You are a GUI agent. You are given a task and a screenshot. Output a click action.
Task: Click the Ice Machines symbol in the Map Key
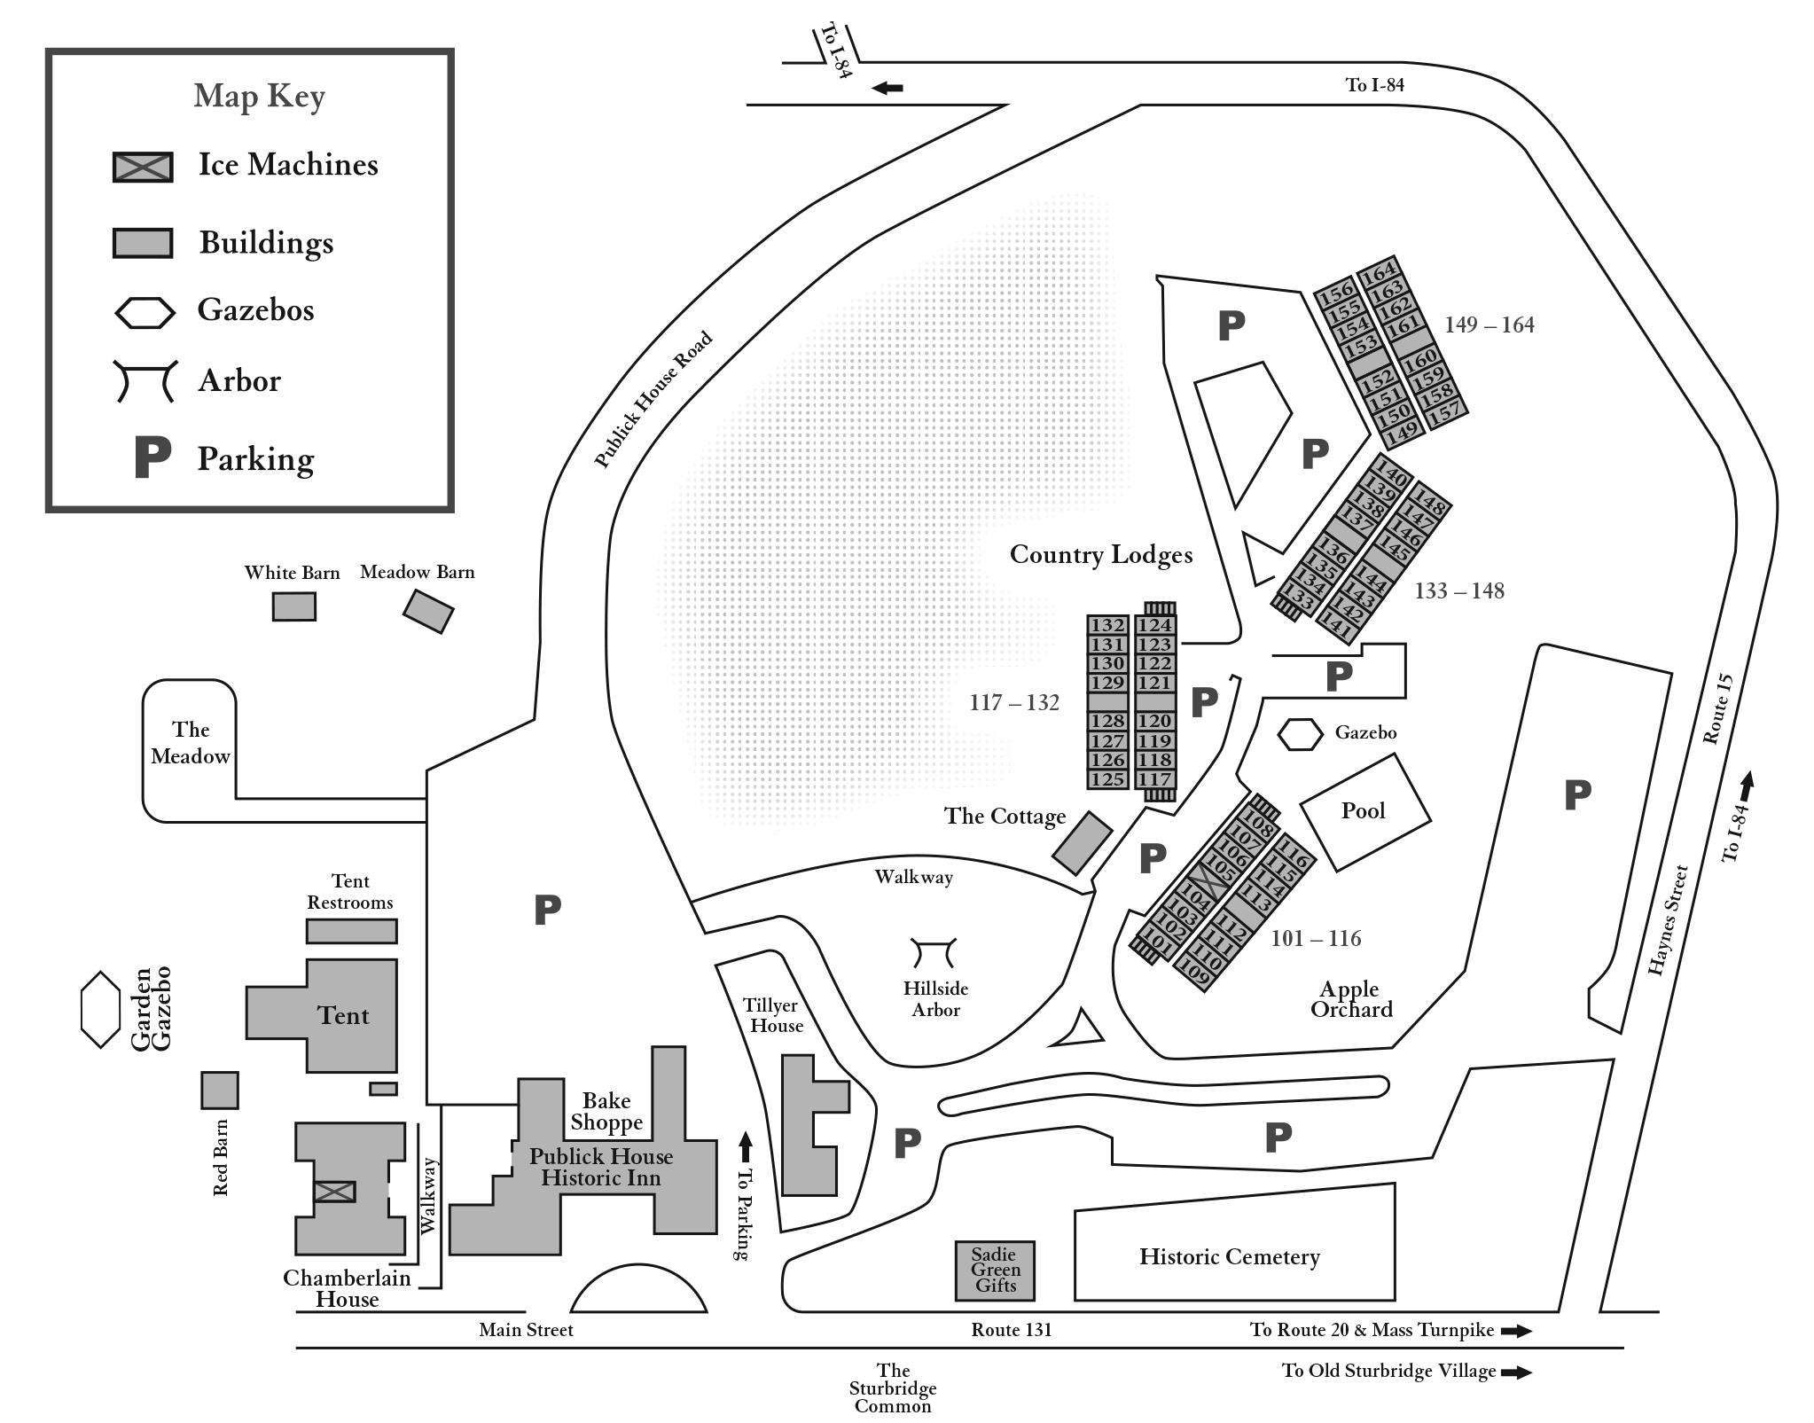pyautogui.click(x=143, y=167)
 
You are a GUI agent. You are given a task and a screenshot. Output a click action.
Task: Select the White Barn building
pyautogui.click(x=293, y=606)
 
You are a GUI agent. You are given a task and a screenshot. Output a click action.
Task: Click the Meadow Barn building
pyautogui.click(x=428, y=611)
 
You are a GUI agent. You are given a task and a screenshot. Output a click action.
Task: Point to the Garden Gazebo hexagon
pyautogui.click(x=100, y=1009)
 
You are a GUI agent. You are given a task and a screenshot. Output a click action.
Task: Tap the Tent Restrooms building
pyautogui.click(x=351, y=931)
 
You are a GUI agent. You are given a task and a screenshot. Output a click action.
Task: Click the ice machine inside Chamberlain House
pyautogui.click(x=334, y=1192)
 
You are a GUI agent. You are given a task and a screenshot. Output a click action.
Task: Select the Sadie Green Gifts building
pyautogui.click(x=994, y=1271)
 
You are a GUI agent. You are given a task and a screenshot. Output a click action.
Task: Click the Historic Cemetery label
pyautogui.click(x=1229, y=1256)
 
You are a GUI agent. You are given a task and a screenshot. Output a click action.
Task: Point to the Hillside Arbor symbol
pyautogui.click(x=934, y=953)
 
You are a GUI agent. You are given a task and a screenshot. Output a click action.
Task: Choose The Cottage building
pyautogui.click(x=1082, y=842)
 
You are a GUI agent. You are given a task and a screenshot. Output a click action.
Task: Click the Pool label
pyautogui.click(x=1363, y=810)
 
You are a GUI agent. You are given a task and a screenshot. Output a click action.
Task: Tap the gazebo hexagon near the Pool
pyautogui.click(x=1300, y=734)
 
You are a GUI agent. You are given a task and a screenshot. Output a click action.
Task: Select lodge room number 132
pyautogui.click(x=1107, y=625)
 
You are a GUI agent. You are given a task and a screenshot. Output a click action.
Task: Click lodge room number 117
pyautogui.click(x=1154, y=779)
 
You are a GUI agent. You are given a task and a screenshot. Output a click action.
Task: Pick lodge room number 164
pyautogui.click(x=1379, y=270)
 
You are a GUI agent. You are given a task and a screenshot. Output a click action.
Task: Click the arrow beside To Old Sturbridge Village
pyautogui.click(x=1516, y=1372)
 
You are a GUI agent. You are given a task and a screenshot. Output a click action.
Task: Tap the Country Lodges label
pyautogui.click(x=1100, y=555)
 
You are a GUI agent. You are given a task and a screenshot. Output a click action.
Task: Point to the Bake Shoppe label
pyautogui.click(x=606, y=1111)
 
